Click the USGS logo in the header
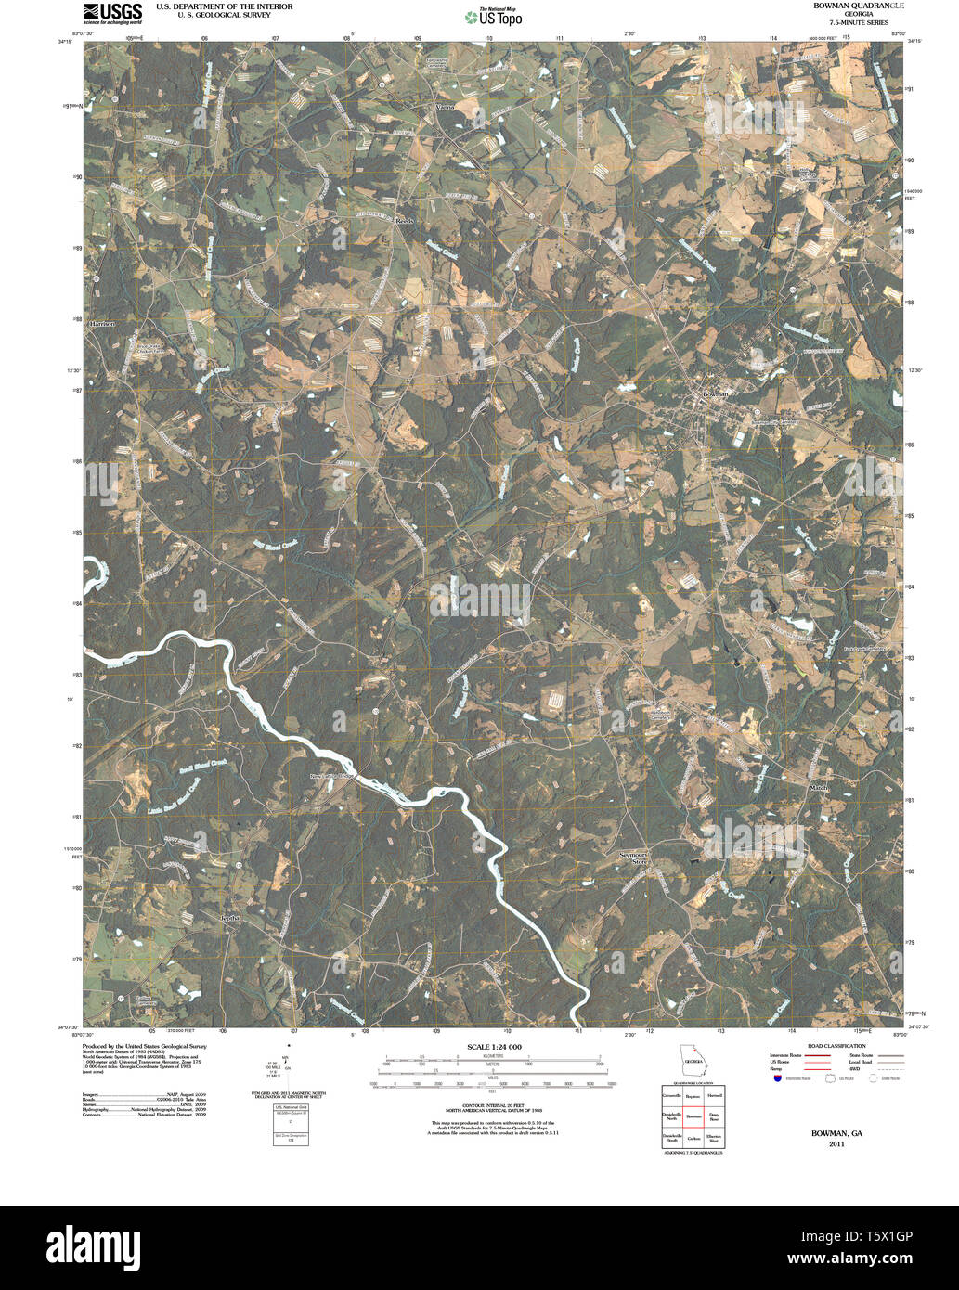pyautogui.click(x=112, y=12)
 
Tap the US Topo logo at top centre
pyautogui.click(x=494, y=16)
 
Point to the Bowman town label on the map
pyautogui.click(x=715, y=394)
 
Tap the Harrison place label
pyautogui.click(x=101, y=325)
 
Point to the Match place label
pyautogui.click(x=818, y=788)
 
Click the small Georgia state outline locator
pyautogui.click(x=692, y=1060)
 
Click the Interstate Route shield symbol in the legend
pyautogui.click(x=776, y=1077)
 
